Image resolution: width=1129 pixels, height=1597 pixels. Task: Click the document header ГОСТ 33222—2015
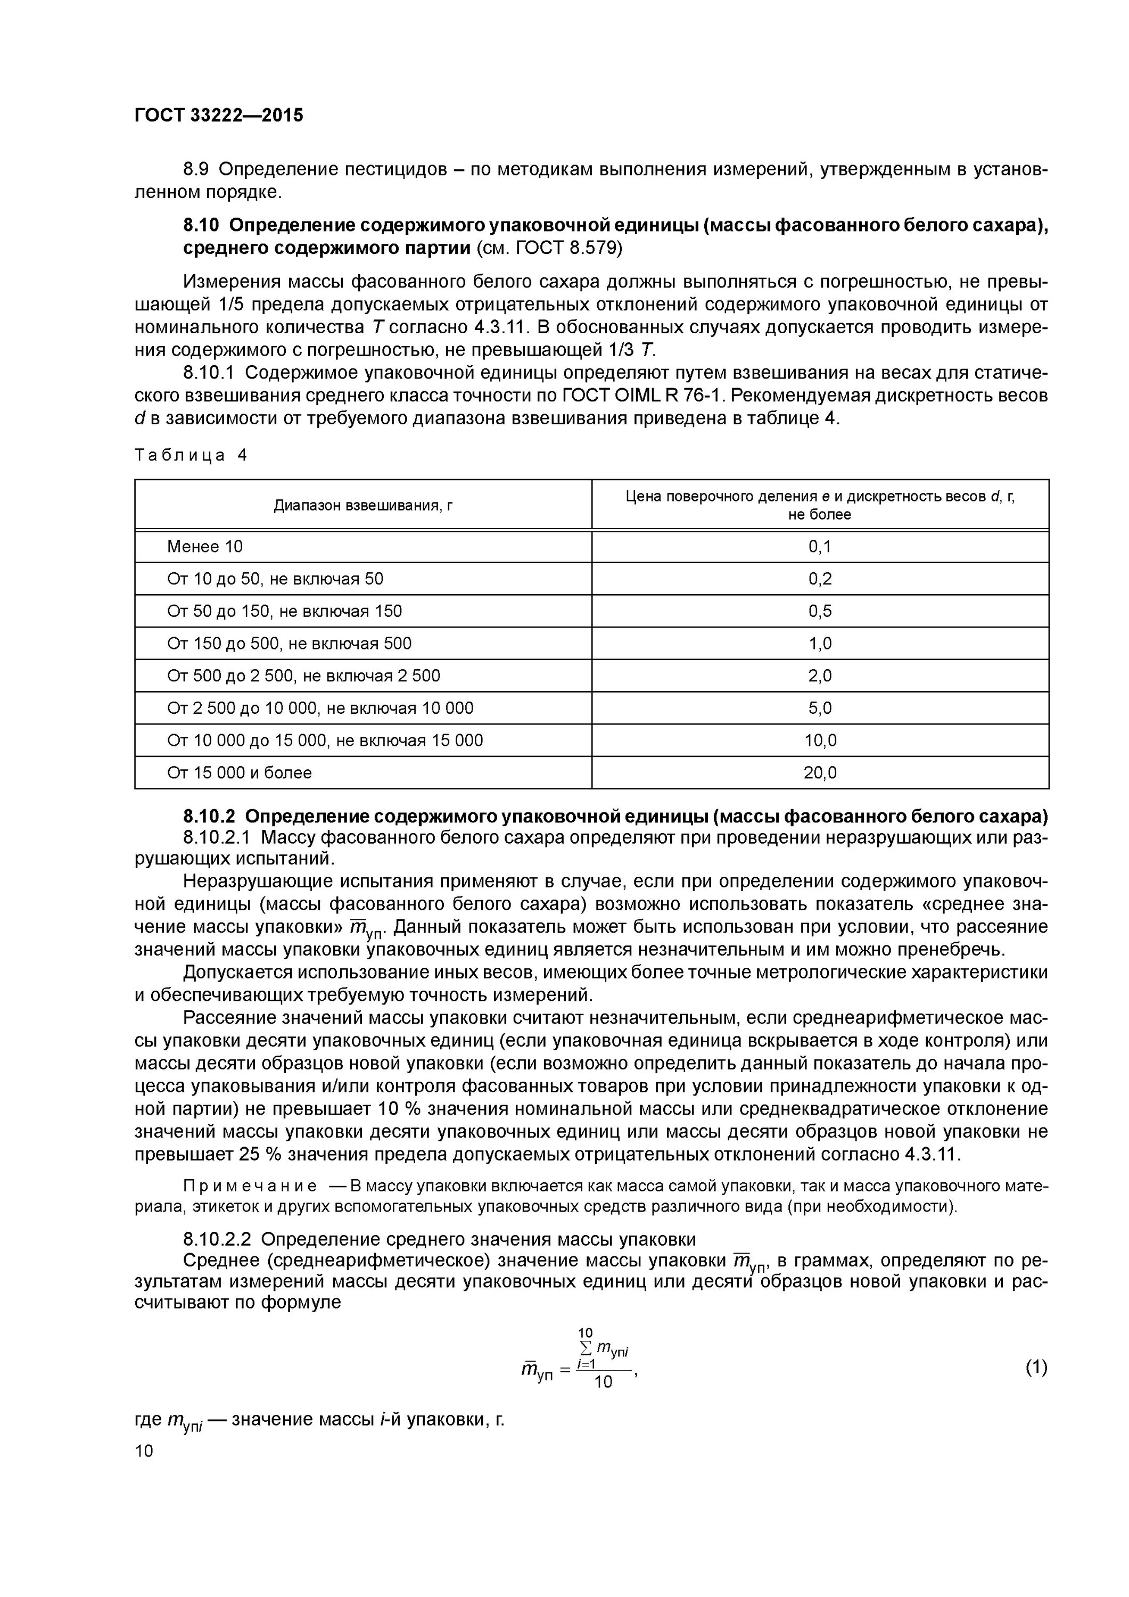[x=219, y=116]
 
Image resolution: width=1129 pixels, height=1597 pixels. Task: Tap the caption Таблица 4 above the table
[x=191, y=455]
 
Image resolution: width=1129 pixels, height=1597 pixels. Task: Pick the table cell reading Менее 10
[x=204, y=547]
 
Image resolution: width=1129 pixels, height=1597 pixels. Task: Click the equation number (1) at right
[x=1036, y=1368]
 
